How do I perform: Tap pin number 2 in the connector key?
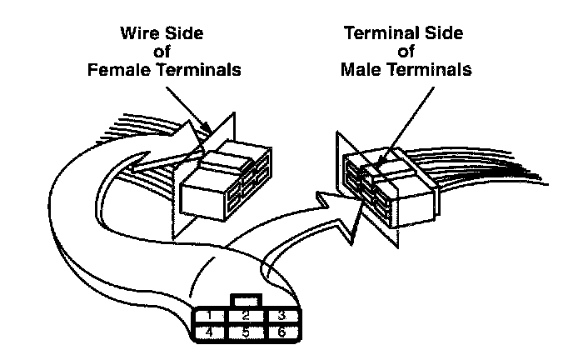247,317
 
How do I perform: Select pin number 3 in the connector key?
282,317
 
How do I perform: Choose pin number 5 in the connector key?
247,332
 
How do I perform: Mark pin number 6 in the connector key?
282,332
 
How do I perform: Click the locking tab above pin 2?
247,299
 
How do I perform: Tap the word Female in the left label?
118,70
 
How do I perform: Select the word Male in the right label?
363,70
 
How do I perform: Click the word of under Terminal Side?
406,52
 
